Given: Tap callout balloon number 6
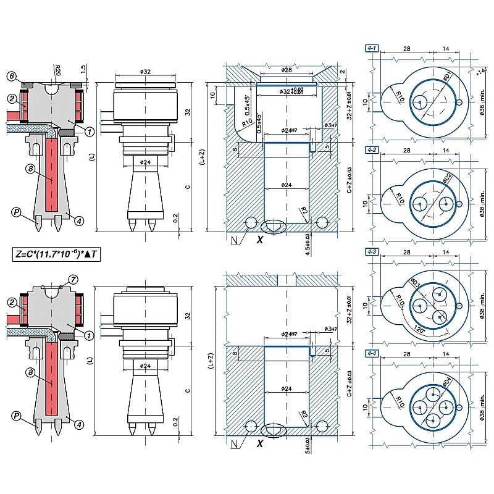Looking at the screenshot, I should (x=11, y=75).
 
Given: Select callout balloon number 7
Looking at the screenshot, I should (x=74, y=280).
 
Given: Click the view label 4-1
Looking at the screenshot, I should (x=372, y=47).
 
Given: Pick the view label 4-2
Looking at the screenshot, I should (x=372, y=150).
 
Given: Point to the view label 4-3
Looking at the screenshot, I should (x=372, y=252).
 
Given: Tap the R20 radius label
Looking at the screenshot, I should (x=57, y=67).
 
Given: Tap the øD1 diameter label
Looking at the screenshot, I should (x=447, y=77).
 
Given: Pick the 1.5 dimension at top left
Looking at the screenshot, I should (x=83, y=67).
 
